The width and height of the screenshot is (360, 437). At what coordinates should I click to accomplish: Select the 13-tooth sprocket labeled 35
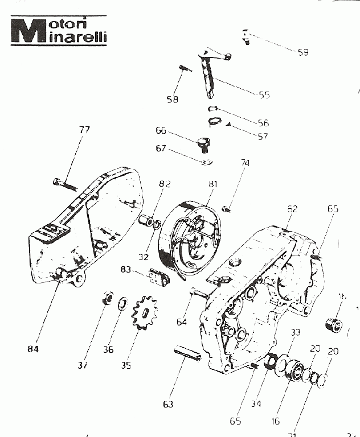pyautogui.click(x=145, y=312)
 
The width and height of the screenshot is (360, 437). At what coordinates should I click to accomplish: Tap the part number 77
pyautogui.click(x=84, y=130)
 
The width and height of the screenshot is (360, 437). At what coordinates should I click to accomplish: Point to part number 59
pyautogui.click(x=302, y=52)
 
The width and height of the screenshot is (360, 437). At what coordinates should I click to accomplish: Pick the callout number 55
pyautogui.click(x=264, y=95)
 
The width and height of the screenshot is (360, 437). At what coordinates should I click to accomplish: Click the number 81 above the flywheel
pyautogui.click(x=212, y=184)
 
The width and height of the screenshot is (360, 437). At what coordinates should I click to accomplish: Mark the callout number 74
pyautogui.click(x=245, y=163)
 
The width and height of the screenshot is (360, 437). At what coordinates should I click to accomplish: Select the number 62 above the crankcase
pyautogui.click(x=292, y=209)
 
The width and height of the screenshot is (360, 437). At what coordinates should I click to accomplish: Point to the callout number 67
pyautogui.click(x=161, y=149)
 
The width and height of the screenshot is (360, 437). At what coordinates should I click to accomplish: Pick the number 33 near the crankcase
pyautogui.click(x=295, y=332)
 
